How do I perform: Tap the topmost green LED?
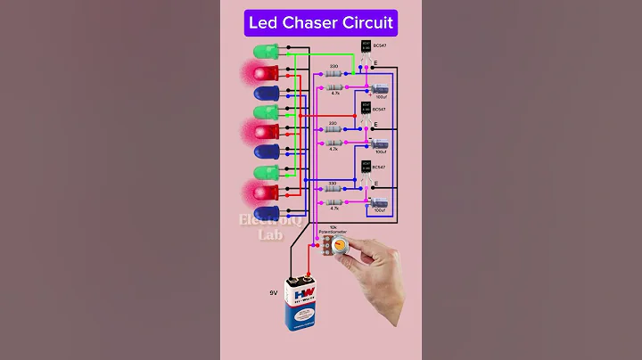(x=266, y=52)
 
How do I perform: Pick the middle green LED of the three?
(x=266, y=112)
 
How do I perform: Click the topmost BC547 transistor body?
(x=365, y=46)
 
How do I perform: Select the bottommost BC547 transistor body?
(x=365, y=167)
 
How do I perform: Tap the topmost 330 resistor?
(x=334, y=75)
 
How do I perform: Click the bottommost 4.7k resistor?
(x=334, y=203)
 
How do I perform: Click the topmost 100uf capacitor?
(x=381, y=87)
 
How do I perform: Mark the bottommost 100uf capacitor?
(x=381, y=205)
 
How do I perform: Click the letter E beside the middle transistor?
(x=375, y=124)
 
